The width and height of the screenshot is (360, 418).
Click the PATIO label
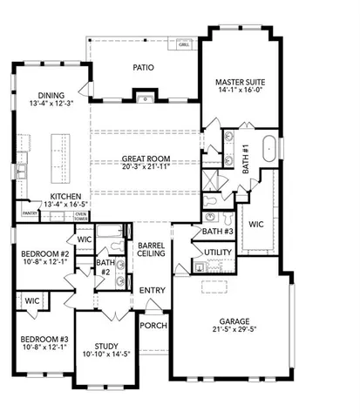tap(144, 66)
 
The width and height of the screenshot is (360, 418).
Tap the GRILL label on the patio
tap(184, 44)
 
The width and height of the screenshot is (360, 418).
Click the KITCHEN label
tap(66, 197)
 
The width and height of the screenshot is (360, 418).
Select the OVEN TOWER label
tap(80, 216)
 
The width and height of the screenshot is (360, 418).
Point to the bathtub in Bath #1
tap(269, 146)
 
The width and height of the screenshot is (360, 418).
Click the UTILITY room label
tap(217, 253)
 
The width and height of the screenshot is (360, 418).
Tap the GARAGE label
tap(228, 320)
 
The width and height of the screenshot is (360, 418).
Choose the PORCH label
tap(153, 326)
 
